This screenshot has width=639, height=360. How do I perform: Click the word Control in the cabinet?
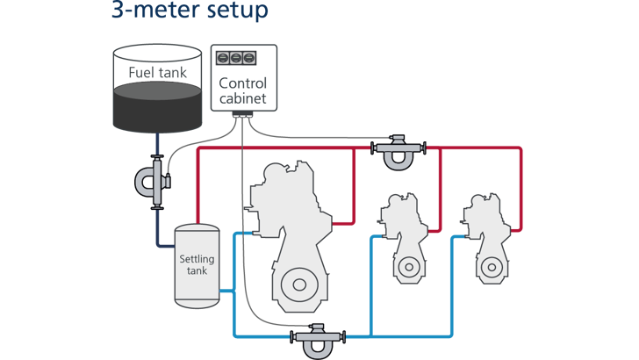(242, 83)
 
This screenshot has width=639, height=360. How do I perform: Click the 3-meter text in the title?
(149, 11)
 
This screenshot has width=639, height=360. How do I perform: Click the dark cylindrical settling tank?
(195, 265)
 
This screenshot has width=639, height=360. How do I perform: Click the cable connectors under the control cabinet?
(242, 120)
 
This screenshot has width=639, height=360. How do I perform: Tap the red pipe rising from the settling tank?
(198, 184)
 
